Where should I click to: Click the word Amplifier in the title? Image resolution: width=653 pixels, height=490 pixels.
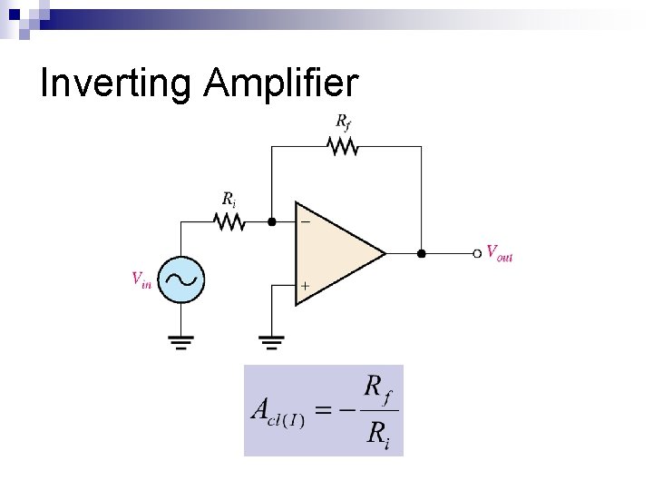pyautogui.click(x=282, y=83)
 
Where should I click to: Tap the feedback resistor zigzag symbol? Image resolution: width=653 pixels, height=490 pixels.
pyautogui.click(x=343, y=145)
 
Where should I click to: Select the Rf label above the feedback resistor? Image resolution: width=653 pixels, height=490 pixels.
pyautogui.click(x=344, y=122)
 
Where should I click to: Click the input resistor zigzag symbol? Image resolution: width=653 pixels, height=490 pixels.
pyautogui.click(x=227, y=220)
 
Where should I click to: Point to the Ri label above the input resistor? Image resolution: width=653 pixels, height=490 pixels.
pyautogui.click(x=230, y=199)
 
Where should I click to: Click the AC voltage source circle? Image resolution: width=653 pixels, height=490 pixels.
pyautogui.click(x=180, y=279)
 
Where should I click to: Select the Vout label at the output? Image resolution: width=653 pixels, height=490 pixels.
pyautogui.click(x=500, y=253)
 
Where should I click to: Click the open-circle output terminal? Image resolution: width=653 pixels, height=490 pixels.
pyautogui.click(x=478, y=253)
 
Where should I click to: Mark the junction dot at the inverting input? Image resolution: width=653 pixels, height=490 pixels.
pyautogui.click(x=271, y=220)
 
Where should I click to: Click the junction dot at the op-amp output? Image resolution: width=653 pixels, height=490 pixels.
pyautogui.click(x=420, y=253)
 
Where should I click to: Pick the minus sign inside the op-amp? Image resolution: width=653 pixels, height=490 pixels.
pyautogui.click(x=305, y=220)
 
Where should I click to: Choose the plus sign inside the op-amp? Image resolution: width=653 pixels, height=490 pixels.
pyautogui.click(x=305, y=286)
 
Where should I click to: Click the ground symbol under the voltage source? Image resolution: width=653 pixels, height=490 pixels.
pyautogui.click(x=180, y=342)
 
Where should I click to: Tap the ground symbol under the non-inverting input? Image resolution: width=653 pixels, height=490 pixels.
pyautogui.click(x=271, y=342)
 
